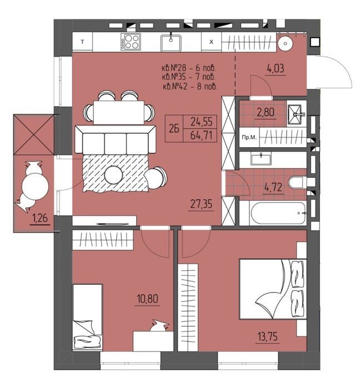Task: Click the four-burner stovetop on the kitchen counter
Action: click(131, 42)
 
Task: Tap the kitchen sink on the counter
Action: click(171, 43)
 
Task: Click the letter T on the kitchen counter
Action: click(82, 42)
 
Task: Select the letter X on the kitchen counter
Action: click(211, 42)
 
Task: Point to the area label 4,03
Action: click(276, 68)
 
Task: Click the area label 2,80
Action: click(266, 113)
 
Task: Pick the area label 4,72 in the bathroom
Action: click(273, 188)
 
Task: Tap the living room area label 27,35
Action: click(201, 204)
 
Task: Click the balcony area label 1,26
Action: click(39, 219)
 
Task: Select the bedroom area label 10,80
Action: click(148, 299)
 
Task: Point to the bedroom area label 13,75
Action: click(268, 337)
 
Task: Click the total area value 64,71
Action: click(201, 135)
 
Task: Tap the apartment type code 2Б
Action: click(174, 129)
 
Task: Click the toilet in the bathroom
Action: click(298, 183)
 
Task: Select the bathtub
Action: click(278, 213)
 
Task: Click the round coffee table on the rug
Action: click(114, 175)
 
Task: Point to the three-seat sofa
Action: click(116, 140)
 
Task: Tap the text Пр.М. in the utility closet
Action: click(249, 138)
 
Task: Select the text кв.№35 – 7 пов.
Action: click(189, 77)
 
